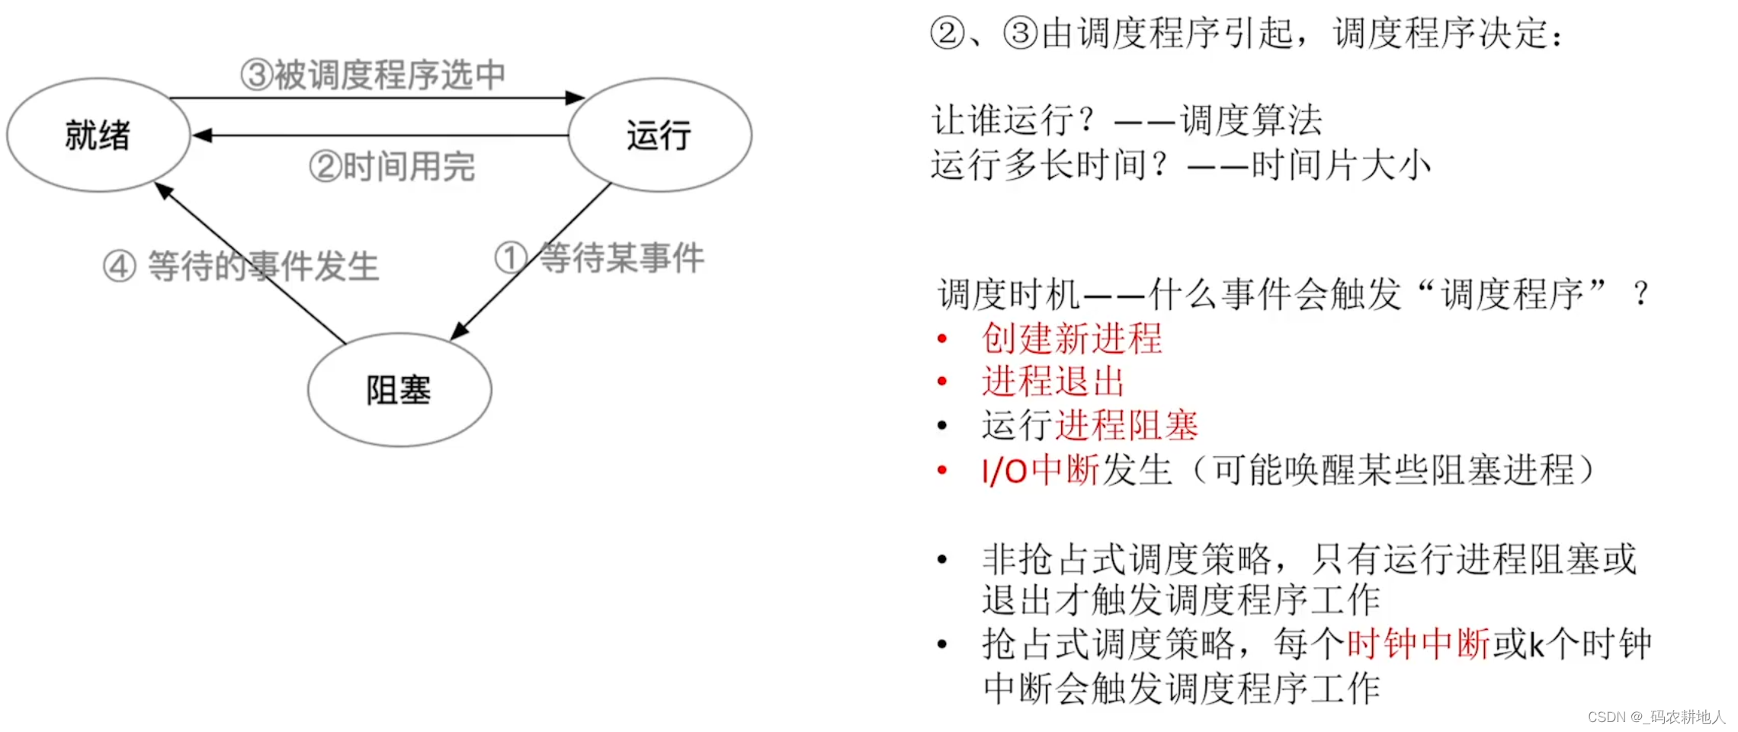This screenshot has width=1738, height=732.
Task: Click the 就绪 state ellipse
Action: [x=98, y=135]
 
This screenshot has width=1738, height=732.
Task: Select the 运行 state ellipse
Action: [x=659, y=135]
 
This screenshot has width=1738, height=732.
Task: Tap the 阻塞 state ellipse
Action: [x=399, y=389]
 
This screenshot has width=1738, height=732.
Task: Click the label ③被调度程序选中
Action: [x=373, y=75]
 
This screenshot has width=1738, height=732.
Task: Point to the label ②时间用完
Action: [x=392, y=166]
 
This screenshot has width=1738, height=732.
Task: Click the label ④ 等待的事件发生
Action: [x=241, y=266]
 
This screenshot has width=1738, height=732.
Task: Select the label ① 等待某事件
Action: [x=599, y=257]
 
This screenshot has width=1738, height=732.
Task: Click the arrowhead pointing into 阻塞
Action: [x=459, y=331]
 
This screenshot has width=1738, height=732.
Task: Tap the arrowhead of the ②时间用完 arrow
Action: [x=201, y=136]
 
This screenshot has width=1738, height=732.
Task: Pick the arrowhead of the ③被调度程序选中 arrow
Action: [x=575, y=97]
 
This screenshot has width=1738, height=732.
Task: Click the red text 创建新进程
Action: [x=1072, y=338]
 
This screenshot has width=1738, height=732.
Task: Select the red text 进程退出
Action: [x=1053, y=382]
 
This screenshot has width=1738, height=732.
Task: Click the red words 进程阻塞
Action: [x=1127, y=425]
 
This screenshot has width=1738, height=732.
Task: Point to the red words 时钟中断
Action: [x=1418, y=644]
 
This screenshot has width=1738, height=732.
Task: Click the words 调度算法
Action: [x=1251, y=120]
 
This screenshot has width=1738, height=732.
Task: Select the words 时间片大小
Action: [x=1341, y=165]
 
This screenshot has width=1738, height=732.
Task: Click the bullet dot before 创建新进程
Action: [x=942, y=338]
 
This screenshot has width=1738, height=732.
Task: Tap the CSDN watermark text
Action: [x=1656, y=717]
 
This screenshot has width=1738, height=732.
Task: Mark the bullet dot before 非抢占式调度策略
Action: [x=942, y=560]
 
